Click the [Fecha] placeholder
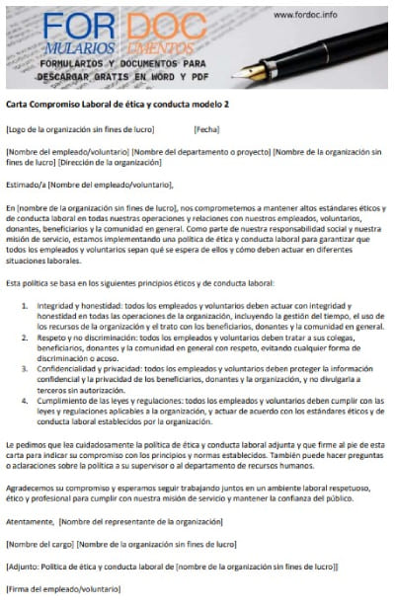pyautogui.click(x=206, y=129)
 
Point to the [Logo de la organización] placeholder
pyautogui.click(x=74, y=129)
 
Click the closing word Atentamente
pyautogui.click(x=30, y=520)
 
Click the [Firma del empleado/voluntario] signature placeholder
pyautogui.click(x=61, y=589)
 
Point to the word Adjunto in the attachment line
pyautogui.click(x=27, y=566)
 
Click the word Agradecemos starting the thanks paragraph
pyautogui.click(x=33, y=487)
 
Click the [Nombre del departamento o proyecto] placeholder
pyautogui.click(x=199, y=151)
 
